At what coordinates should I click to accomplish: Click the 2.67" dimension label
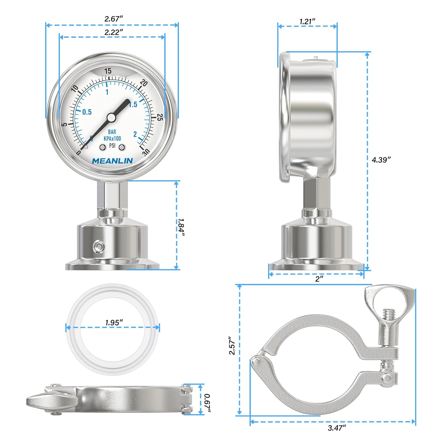(113, 19)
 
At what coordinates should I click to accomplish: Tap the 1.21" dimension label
(307, 22)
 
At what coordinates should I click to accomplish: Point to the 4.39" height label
(381, 160)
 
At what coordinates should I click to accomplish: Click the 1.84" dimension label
(181, 227)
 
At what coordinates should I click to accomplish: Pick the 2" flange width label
(319, 279)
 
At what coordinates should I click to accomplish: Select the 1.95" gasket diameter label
(114, 323)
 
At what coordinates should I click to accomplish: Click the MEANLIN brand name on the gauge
(112, 161)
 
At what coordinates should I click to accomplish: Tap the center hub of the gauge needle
(111, 118)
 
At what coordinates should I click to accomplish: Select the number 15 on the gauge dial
(108, 71)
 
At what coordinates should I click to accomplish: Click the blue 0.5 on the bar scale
(87, 112)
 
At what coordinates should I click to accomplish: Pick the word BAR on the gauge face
(112, 132)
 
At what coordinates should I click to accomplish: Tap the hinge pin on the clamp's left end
(257, 362)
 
